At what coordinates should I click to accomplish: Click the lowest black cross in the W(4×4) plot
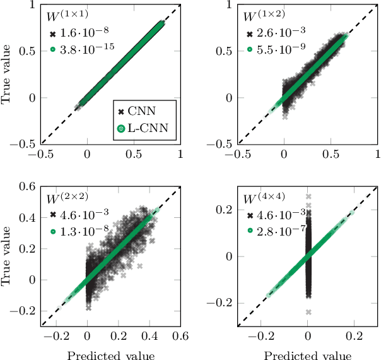coord(308,312)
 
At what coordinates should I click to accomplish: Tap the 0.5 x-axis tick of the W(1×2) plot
coord(331,153)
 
